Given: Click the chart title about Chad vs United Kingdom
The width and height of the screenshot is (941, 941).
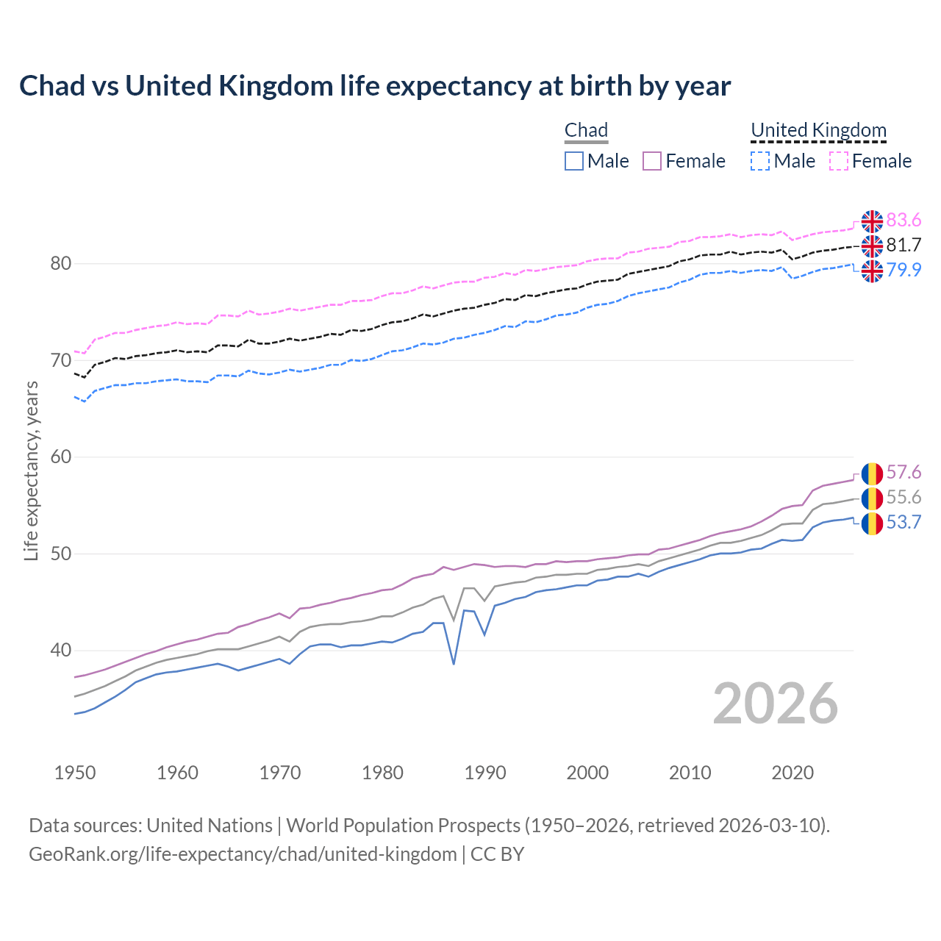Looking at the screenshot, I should (x=375, y=86).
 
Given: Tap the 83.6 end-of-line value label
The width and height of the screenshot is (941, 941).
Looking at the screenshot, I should (x=904, y=221).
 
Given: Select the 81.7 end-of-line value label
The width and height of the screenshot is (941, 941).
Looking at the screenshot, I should (x=904, y=246).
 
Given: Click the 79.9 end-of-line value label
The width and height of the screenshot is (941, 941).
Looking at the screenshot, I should (x=904, y=270).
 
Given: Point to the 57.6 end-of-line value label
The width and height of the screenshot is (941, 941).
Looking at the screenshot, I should (x=904, y=473).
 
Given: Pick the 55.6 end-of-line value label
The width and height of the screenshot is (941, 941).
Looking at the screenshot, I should (x=904, y=498).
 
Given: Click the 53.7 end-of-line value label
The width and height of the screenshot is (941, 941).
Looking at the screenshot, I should (x=904, y=523).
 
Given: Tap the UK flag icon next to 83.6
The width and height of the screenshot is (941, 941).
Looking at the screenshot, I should (x=872, y=221).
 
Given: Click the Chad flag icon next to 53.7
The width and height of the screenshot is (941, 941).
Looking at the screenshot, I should (x=872, y=523).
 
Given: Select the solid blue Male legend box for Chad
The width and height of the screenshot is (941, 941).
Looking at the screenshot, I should (x=574, y=161).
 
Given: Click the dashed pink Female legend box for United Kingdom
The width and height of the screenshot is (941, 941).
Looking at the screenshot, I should (x=839, y=161).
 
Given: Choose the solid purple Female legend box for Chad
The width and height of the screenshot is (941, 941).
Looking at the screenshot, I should (x=652, y=161).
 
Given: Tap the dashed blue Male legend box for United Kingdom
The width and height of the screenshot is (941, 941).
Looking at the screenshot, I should (x=760, y=161).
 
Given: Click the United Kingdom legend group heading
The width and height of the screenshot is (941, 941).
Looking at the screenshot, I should (x=818, y=131).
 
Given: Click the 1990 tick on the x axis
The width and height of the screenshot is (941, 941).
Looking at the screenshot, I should (x=485, y=773).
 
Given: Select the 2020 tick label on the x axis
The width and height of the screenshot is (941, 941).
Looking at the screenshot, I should (x=792, y=773).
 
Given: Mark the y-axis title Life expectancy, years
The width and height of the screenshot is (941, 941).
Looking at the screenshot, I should (x=32, y=470).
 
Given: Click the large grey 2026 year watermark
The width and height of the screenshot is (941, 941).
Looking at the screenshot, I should (x=775, y=704).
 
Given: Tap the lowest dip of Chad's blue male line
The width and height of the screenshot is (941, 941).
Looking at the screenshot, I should (x=454, y=664).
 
